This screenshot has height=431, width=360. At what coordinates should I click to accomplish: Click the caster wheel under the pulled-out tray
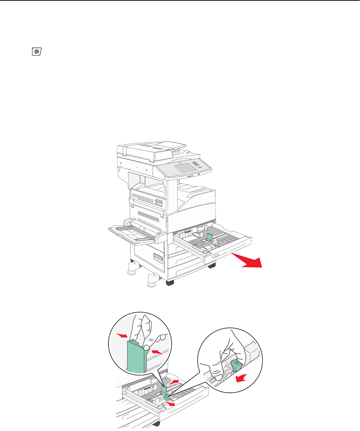pos(212,265)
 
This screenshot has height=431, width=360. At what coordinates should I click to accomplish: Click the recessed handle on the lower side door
pos(157,257)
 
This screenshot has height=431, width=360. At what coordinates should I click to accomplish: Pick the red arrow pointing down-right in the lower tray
pos(171,404)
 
